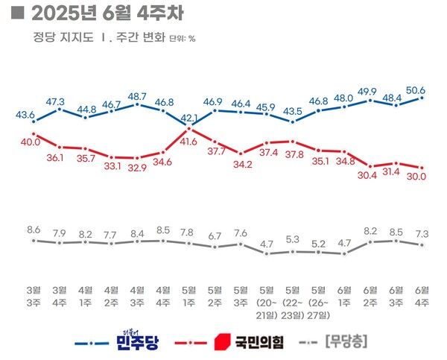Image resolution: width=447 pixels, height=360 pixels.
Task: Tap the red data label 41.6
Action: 189,140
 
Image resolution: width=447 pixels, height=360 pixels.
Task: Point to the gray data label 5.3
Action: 292,239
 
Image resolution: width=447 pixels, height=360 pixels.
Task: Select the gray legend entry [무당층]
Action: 347,343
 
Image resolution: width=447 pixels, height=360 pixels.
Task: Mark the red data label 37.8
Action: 294,154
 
